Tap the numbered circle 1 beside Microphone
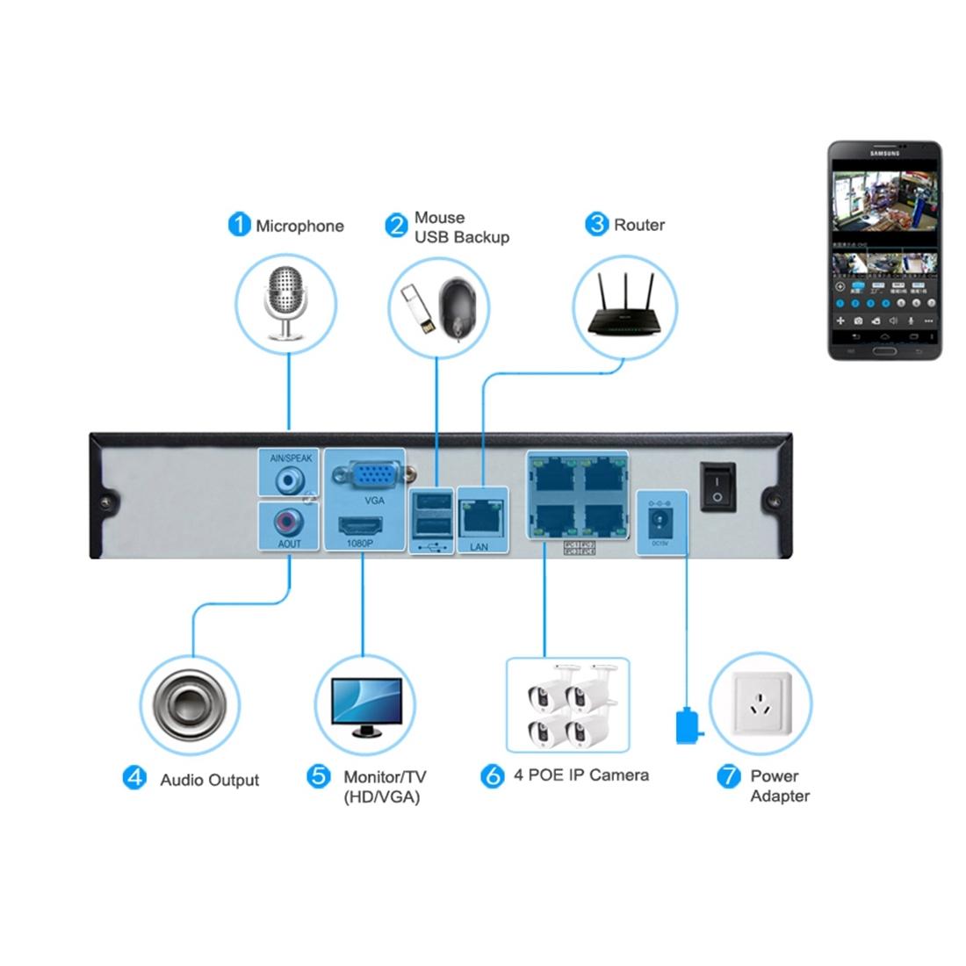239,225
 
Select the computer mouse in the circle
461,307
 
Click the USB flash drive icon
418,312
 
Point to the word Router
639,225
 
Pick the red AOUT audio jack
287,522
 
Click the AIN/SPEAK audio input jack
289,481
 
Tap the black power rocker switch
718,487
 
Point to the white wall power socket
761,703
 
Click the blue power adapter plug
687,726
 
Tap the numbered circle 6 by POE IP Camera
494,775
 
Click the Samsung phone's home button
885,351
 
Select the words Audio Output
209,780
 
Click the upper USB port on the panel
431,502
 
